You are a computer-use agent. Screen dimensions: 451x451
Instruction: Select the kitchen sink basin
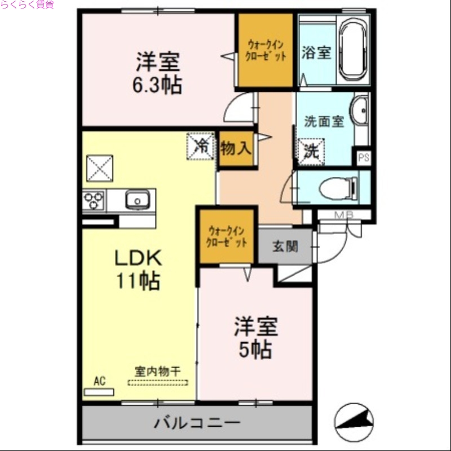pyautogui.click(x=137, y=200)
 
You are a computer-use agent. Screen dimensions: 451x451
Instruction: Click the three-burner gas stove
pyautogui.click(x=94, y=200)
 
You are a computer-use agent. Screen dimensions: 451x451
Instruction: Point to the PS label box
pyautogui.click(x=364, y=157)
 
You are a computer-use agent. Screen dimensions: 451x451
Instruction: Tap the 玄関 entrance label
pyautogui.click(x=285, y=246)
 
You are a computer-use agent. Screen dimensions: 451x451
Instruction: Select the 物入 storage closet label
pyautogui.click(x=236, y=149)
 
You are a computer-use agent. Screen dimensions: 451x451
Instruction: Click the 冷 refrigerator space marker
pyautogui.click(x=201, y=146)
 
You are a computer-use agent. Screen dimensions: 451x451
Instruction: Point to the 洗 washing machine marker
pyautogui.click(x=311, y=151)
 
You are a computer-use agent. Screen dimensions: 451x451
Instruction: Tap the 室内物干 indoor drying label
pyautogui.click(x=157, y=372)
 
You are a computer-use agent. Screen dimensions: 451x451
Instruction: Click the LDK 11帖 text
pyautogui.click(x=138, y=269)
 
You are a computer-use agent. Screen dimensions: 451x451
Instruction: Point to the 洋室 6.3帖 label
pyautogui.click(x=157, y=73)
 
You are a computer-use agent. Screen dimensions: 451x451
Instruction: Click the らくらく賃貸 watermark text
pyautogui.click(x=27, y=5)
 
